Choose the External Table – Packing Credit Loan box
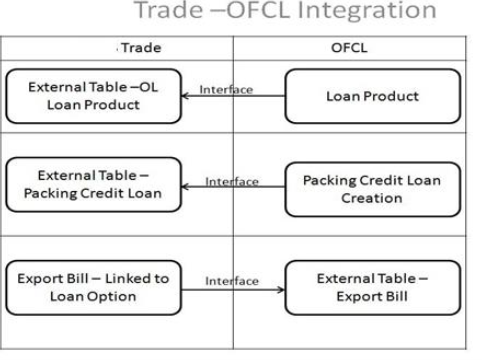pyautogui.click(x=94, y=185)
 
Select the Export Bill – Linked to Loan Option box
pyautogui.click(x=94, y=288)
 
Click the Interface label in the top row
pyautogui.click(x=226, y=89)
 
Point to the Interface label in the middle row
pyautogui.click(x=231, y=181)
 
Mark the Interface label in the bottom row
pyautogui.click(x=231, y=281)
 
